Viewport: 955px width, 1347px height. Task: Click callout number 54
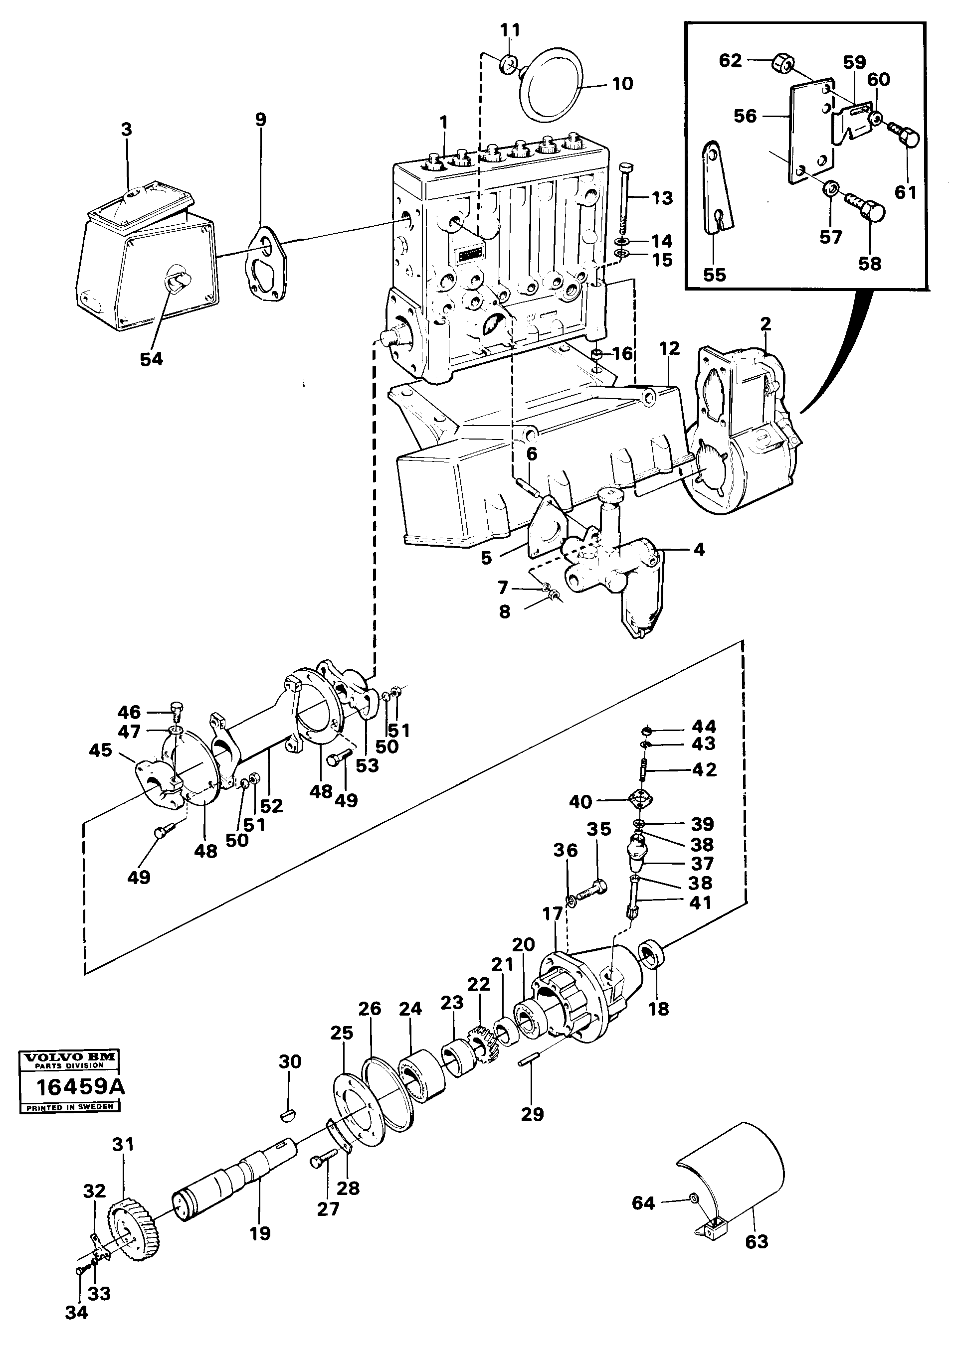click(x=151, y=359)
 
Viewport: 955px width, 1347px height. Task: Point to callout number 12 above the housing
click(x=669, y=348)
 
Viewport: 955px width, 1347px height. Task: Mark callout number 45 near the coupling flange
click(x=101, y=751)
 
